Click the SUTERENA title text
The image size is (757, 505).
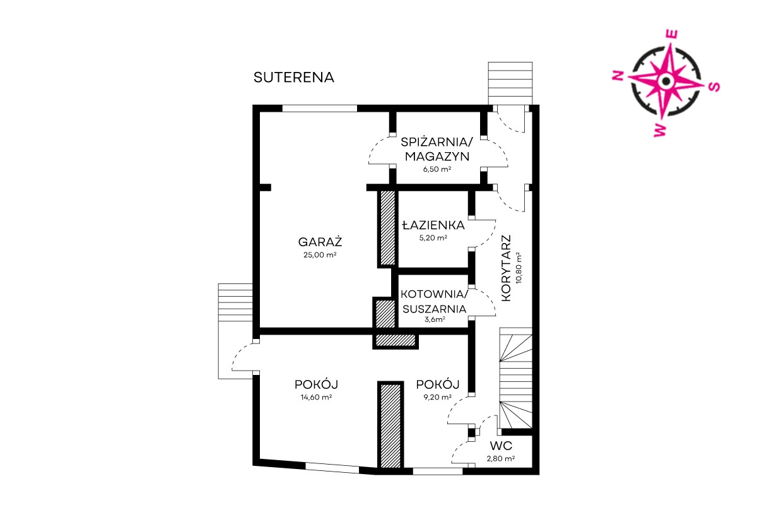(294, 78)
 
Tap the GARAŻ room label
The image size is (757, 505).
(320, 242)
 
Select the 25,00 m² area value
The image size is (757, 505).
(320, 255)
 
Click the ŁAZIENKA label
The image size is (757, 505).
(433, 225)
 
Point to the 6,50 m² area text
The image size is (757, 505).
(437, 169)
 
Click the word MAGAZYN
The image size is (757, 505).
(437, 157)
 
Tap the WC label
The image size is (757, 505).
(501, 446)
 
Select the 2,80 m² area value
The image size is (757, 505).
(501, 459)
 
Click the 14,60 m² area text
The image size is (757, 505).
(316, 397)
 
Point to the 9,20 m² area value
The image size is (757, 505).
(438, 397)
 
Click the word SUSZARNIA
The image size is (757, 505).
(435, 309)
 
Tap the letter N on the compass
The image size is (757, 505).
(618, 76)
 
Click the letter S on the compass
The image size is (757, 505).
(714, 87)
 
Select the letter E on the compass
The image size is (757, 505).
(671, 35)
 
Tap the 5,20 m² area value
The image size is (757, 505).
(433, 238)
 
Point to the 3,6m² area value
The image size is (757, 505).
(435, 319)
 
